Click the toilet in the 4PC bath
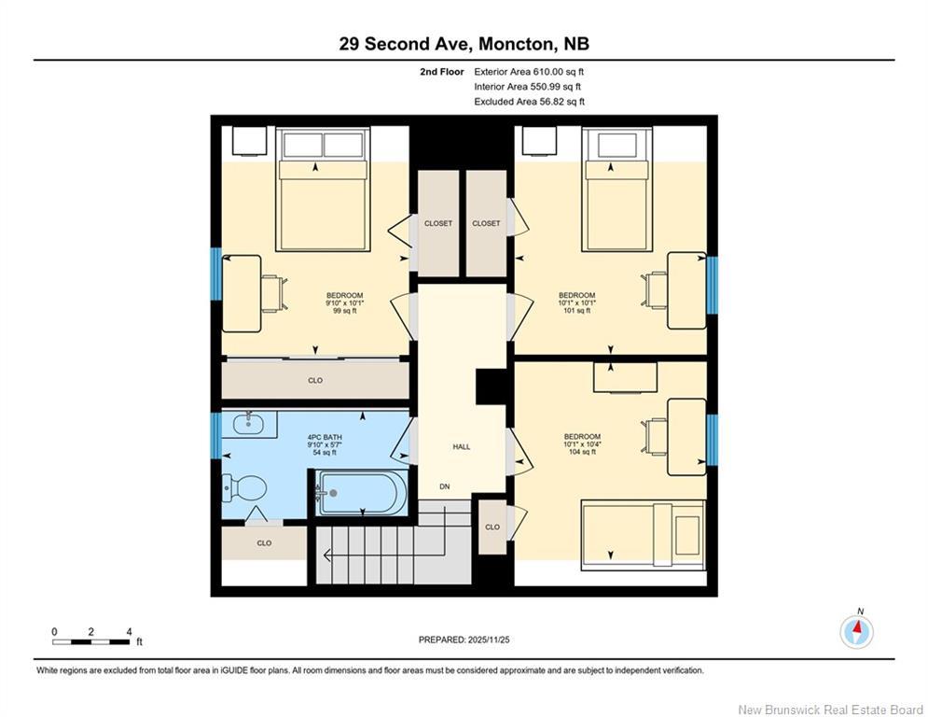click(x=243, y=488)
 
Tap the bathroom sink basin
click(x=249, y=423)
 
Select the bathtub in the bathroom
click(x=362, y=493)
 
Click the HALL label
click(x=462, y=447)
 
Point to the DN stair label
click(x=445, y=486)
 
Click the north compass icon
click(x=856, y=632)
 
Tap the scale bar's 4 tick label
click(x=129, y=632)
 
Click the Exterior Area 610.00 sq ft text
click(x=529, y=72)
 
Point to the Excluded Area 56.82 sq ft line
click(x=529, y=102)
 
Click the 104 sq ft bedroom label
click(x=582, y=452)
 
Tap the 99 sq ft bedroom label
click(x=344, y=311)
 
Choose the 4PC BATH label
click(x=325, y=437)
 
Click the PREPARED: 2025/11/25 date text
click(x=464, y=640)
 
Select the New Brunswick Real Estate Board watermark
click(x=830, y=710)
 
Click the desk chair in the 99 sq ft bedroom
click(x=274, y=293)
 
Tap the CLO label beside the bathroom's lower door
click(x=264, y=542)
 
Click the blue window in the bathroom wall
click(x=216, y=436)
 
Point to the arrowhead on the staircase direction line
click(x=326, y=555)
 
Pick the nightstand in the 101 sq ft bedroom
click(x=539, y=140)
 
